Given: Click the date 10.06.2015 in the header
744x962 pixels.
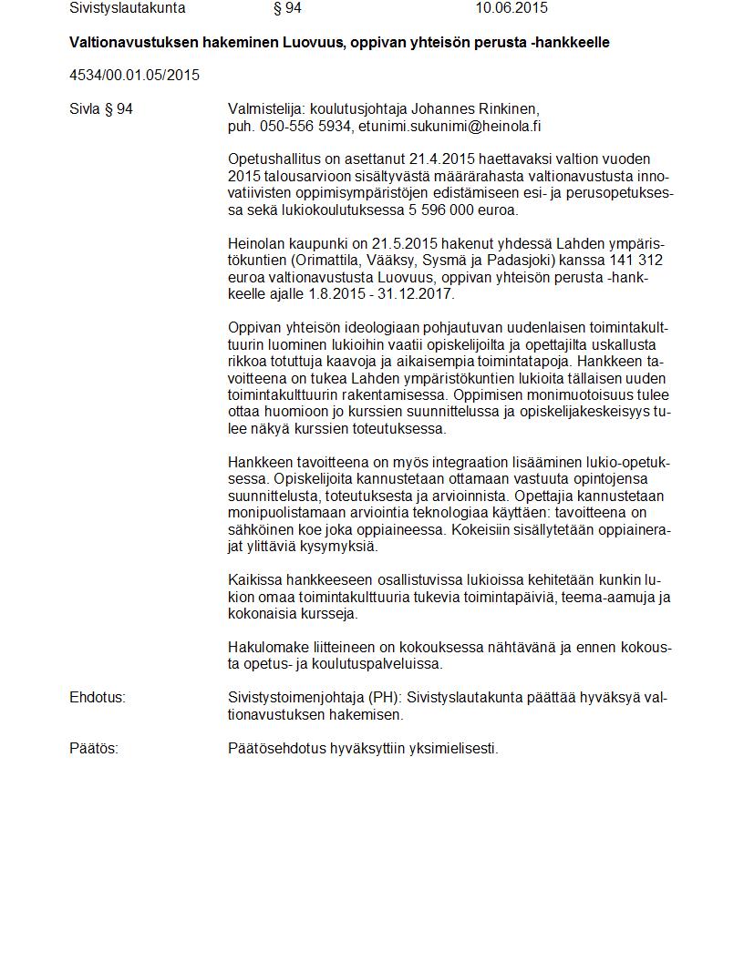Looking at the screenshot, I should point(511,8).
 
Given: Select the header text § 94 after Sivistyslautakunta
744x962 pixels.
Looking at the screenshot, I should point(287,8).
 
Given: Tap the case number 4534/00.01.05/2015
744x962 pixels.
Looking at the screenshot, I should point(134,75).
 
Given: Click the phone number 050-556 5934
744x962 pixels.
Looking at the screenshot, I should point(305,127).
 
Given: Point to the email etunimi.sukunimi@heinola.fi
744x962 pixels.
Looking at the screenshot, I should point(449,127).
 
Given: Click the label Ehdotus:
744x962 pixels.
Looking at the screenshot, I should point(98,698).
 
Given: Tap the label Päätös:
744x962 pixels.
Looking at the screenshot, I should point(94,749).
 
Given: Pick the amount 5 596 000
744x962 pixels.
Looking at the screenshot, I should point(439,210).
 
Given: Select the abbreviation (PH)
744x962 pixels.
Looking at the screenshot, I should point(384,698).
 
